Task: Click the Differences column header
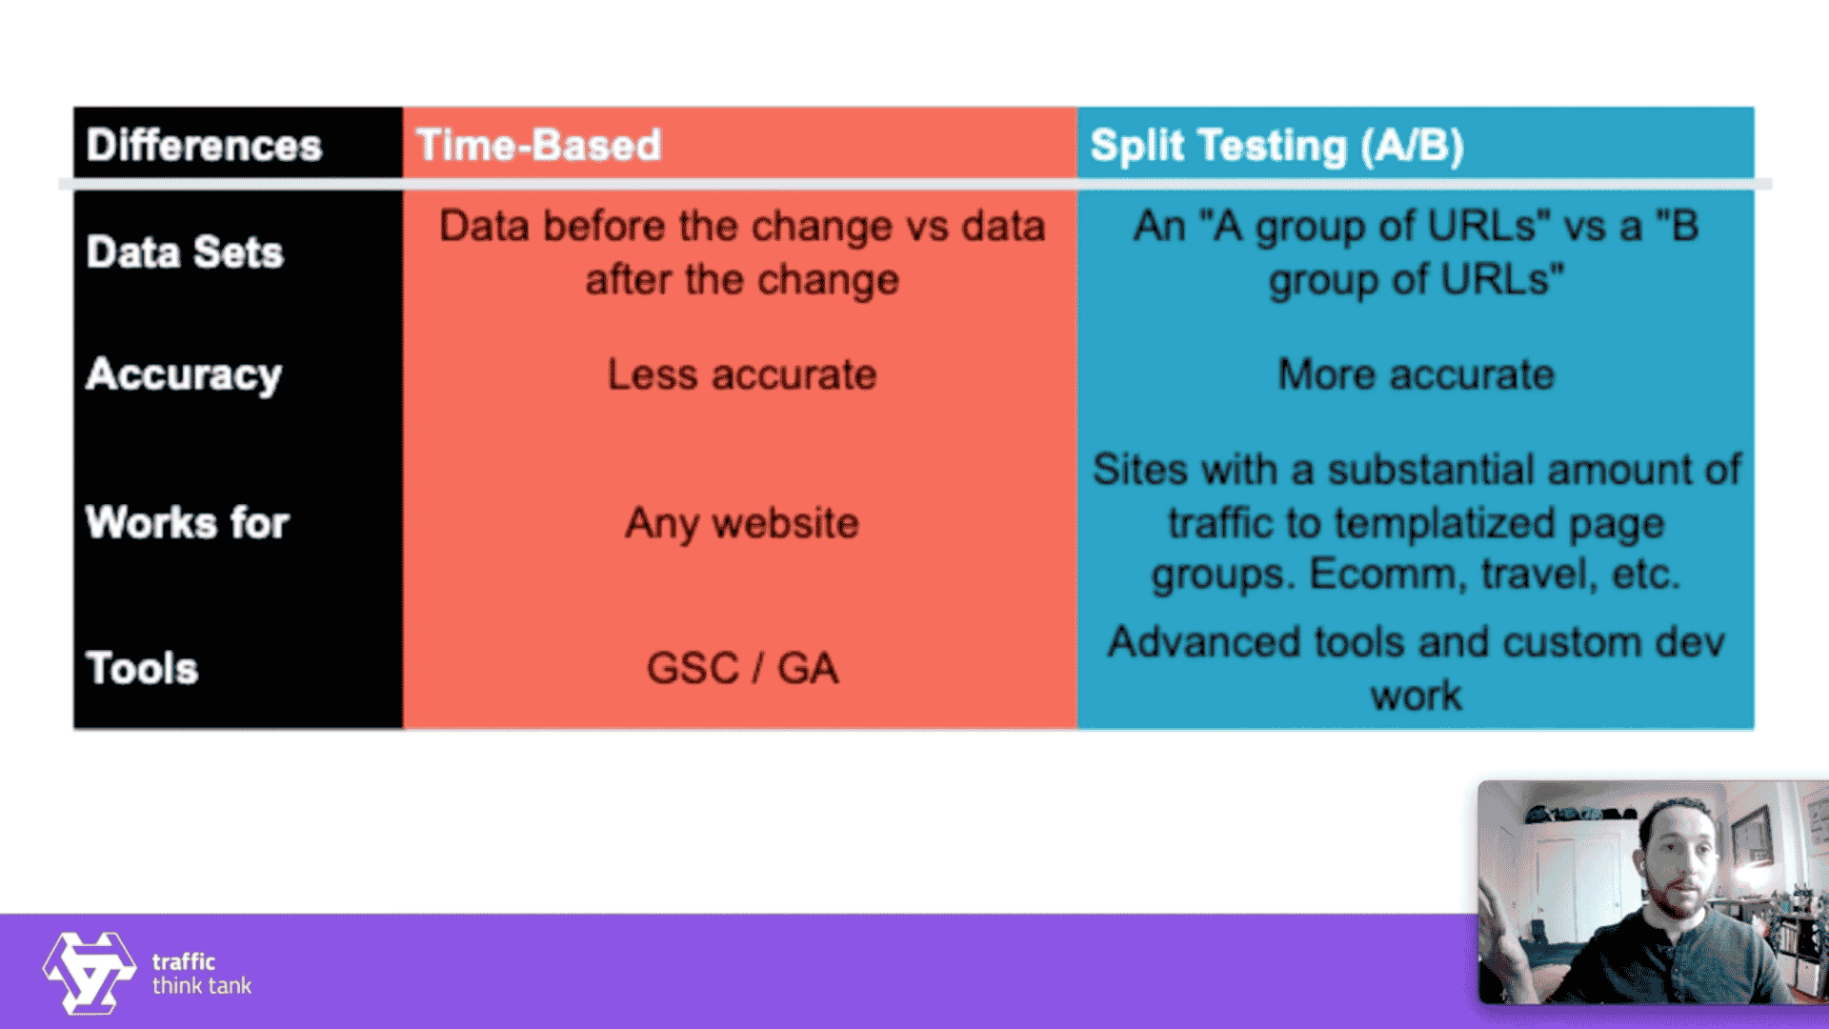204,146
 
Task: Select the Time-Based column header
538,146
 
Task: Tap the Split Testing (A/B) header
1276,146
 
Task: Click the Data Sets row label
185,252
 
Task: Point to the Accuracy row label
184,374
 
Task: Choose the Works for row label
187,523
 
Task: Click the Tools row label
142,668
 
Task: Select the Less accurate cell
741,374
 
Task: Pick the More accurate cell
1416,374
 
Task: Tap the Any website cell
741,523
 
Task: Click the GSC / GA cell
741,668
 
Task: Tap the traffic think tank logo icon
89,972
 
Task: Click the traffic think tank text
201,974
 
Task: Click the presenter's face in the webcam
1678,857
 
